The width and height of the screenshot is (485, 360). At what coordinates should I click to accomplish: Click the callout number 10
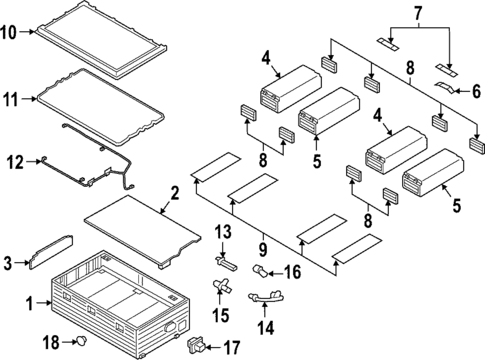point(8,32)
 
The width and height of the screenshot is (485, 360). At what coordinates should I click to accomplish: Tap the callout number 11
point(10,99)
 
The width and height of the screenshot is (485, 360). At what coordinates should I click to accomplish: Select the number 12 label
point(15,162)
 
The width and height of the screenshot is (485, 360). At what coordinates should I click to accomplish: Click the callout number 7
point(418,13)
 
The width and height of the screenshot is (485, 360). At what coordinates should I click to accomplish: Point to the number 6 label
point(476,91)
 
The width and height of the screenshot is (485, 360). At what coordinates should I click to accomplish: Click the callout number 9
point(263,249)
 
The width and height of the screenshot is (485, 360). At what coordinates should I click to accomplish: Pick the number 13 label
point(223,232)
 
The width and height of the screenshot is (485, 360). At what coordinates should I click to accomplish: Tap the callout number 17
point(232,348)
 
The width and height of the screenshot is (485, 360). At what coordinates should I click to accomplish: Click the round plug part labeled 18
point(82,341)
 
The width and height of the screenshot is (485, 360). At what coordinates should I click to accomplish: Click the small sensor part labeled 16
point(260,270)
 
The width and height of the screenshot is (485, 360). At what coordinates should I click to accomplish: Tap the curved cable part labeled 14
point(266,296)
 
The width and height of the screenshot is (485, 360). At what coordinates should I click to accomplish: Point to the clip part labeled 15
point(220,285)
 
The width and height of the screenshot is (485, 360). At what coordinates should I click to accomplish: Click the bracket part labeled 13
point(226,262)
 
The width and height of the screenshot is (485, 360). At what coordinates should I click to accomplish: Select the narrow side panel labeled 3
point(51,252)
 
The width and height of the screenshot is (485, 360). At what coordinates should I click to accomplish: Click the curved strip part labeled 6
point(445,87)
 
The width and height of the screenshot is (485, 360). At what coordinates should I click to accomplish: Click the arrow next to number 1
point(44,303)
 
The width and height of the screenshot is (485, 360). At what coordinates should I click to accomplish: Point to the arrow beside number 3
point(22,263)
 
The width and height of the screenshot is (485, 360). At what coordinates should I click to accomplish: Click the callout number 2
point(175,194)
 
